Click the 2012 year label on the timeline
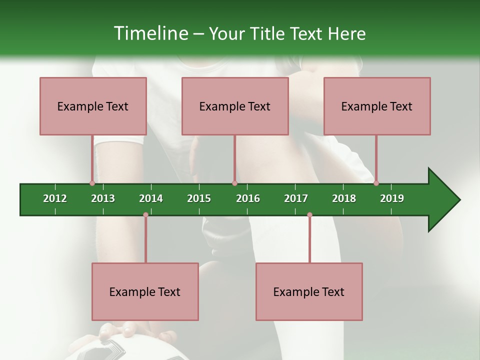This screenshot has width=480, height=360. pyautogui.click(x=55, y=198)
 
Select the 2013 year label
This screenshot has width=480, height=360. pyautogui.click(x=103, y=198)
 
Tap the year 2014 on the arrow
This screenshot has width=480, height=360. pyautogui.click(x=151, y=198)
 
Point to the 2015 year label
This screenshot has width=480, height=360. pyautogui.click(x=199, y=198)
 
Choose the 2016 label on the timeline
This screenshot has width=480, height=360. pyautogui.click(x=248, y=198)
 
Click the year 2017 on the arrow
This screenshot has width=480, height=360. pyautogui.click(x=296, y=198)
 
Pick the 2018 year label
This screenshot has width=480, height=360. pyautogui.click(x=344, y=198)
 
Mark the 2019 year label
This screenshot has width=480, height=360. pyautogui.click(x=392, y=198)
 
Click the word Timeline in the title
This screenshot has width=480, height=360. pyautogui.click(x=150, y=33)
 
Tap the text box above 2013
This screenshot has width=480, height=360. pyautogui.click(x=93, y=106)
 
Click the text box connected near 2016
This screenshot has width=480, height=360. pyautogui.click(x=235, y=106)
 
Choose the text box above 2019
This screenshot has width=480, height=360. pyautogui.click(x=377, y=106)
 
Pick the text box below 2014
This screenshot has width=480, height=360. pyautogui.click(x=145, y=291)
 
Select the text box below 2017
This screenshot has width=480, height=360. pyautogui.click(x=309, y=291)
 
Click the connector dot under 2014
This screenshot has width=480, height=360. pyautogui.click(x=145, y=215)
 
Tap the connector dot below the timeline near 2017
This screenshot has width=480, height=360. pyautogui.click(x=309, y=215)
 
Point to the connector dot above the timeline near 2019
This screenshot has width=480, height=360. pyautogui.click(x=376, y=183)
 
